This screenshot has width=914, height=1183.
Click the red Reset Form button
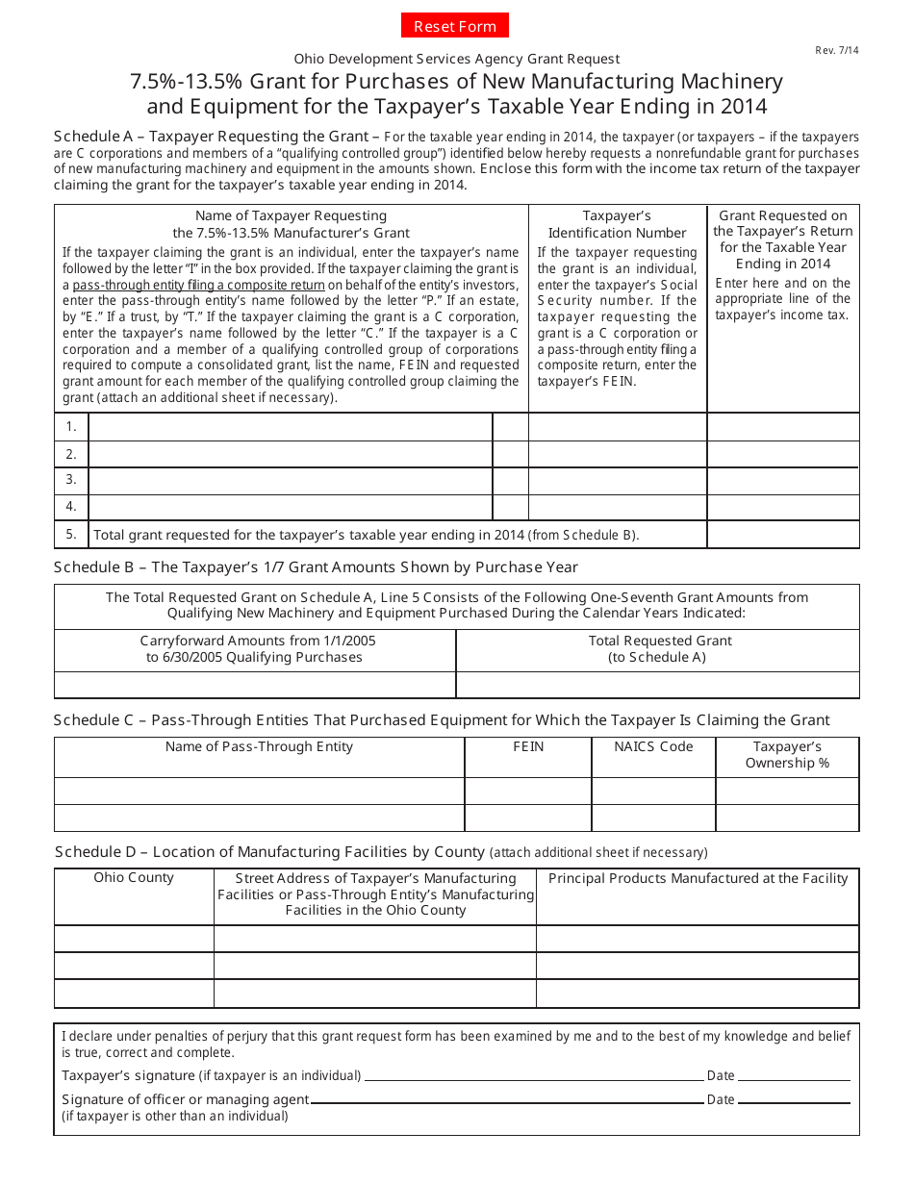(455, 26)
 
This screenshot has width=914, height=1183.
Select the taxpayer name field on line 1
(290, 427)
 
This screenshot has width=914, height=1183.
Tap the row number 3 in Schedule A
(71, 479)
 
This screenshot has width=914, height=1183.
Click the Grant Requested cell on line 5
(783, 534)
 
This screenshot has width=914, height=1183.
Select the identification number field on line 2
(618, 454)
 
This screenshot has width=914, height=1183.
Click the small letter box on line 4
(510, 506)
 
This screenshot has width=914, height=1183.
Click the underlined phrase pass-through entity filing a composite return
(198, 286)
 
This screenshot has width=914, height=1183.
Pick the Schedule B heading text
(316, 566)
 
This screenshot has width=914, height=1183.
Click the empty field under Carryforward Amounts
(255, 685)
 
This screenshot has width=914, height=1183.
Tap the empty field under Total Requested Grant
(657, 685)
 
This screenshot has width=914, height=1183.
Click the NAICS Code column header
(653, 746)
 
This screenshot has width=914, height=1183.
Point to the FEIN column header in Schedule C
(528, 746)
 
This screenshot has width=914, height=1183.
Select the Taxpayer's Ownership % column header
(787, 755)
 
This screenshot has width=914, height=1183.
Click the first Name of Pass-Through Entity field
(259, 791)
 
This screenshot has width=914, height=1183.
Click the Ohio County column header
(134, 877)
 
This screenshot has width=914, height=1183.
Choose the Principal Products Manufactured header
(698, 877)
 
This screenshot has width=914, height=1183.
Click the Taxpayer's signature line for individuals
(534, 1075)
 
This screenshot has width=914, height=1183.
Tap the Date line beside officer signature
(794, 1099)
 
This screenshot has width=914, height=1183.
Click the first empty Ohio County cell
(134, 939)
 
